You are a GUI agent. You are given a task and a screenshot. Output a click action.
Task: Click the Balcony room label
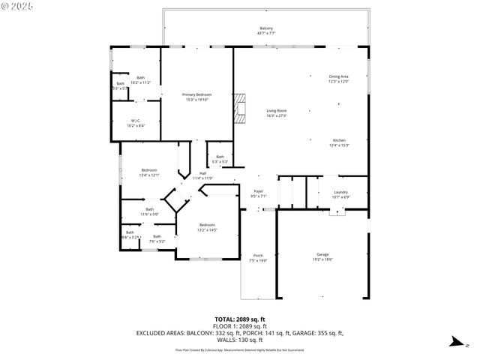pos(266,31)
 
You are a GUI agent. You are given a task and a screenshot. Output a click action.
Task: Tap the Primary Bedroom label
pos(197,97)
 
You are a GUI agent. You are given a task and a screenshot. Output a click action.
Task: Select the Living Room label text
pos(256,112)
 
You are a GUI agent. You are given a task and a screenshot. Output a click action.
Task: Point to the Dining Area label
pos(339,79)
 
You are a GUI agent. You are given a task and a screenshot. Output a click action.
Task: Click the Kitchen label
pos(339,142)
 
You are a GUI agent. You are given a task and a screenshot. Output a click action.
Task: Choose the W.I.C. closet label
pos(136,123)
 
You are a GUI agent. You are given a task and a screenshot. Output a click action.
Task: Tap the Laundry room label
pos(340,195)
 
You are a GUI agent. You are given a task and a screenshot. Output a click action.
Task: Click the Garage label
pos(322,257)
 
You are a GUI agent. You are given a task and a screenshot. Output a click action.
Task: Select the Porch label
pos(257,257)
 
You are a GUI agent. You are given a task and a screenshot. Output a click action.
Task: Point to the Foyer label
pos(258,193)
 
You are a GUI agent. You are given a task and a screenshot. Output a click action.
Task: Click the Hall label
pos(202,175)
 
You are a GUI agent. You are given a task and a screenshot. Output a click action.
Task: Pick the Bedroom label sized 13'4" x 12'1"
pos(149,172)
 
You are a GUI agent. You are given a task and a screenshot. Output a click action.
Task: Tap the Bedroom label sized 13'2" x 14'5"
pos(207,227)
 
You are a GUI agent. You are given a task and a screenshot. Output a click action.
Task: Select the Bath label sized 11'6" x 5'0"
pos(149,211)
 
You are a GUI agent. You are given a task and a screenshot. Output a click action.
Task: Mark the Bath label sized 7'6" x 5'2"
pos(157,238)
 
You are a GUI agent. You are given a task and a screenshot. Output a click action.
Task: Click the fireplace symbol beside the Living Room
pos(239,107)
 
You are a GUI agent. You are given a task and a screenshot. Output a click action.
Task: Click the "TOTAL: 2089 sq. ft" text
pos(239,319)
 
